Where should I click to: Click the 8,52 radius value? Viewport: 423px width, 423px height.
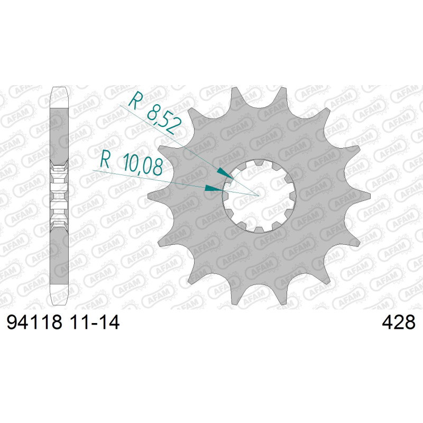[x=164, y=121]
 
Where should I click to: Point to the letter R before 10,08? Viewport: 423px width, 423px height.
[x=105, y=160]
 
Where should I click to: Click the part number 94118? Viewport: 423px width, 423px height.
[x=34, y=322]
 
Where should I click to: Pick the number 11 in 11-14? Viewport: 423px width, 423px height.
[x=78, y=322]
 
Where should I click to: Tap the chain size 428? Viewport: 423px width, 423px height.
[x=399, y=322]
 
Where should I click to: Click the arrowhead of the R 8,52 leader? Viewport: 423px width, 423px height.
[x=225, y=173]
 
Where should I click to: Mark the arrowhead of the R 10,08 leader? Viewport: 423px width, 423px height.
[x=214, y=188]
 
